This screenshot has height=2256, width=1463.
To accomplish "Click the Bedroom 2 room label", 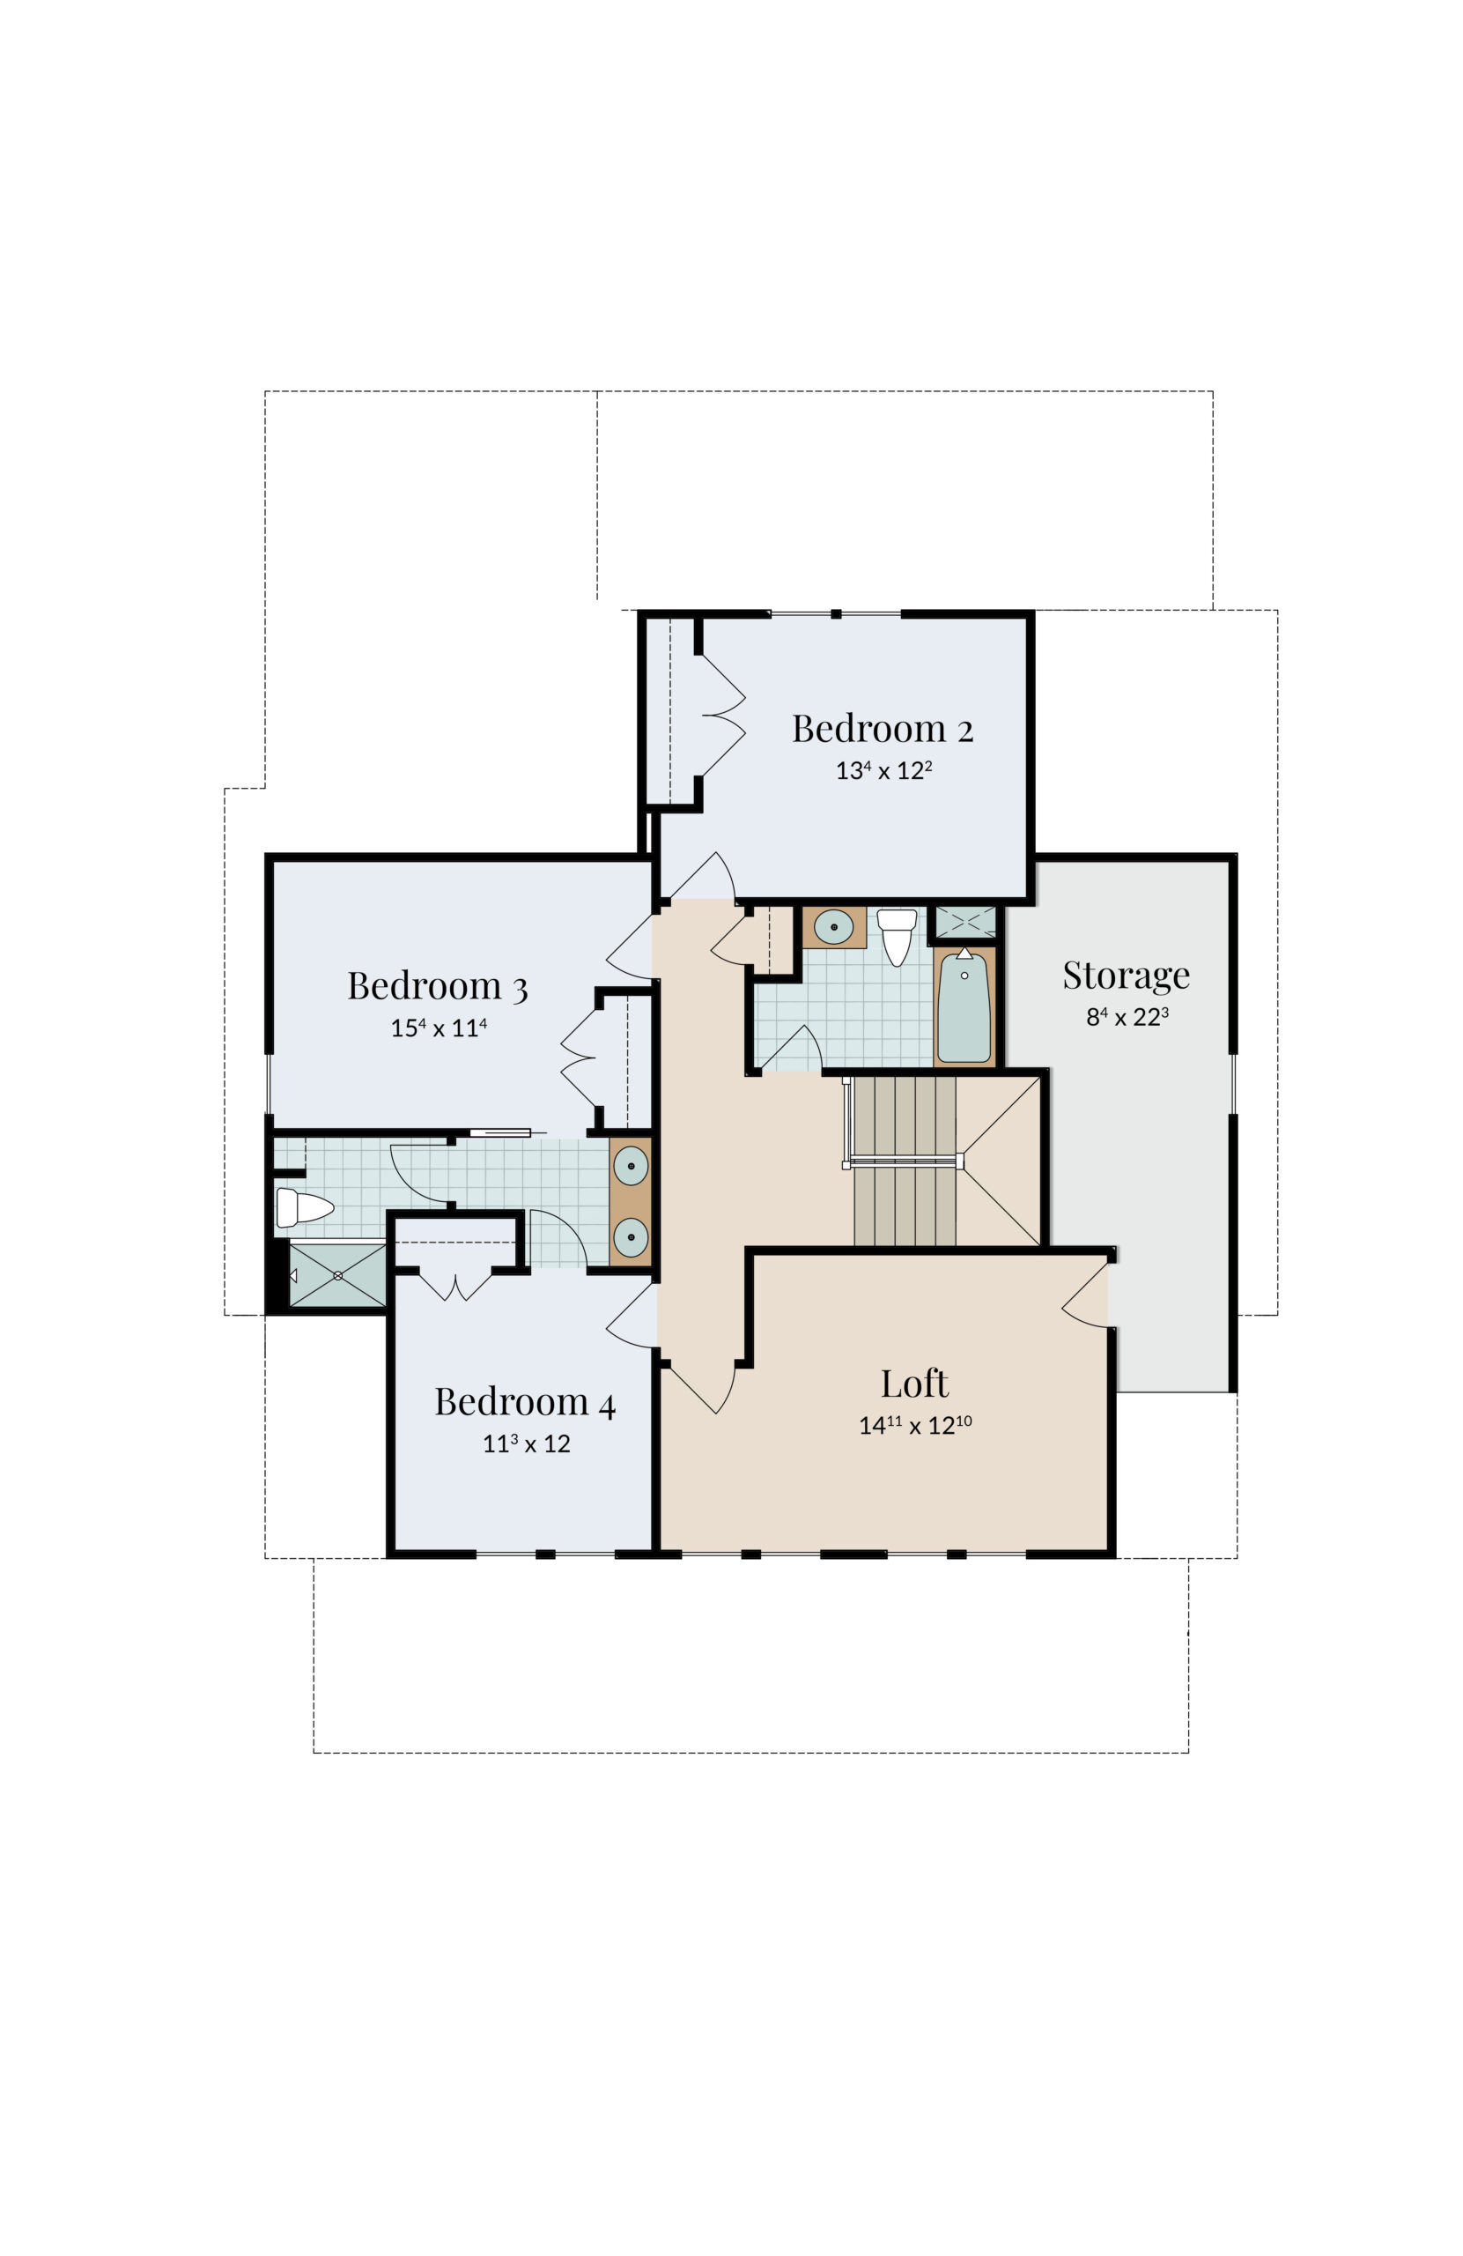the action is (x=868, y=717).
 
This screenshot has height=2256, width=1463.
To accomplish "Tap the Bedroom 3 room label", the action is (x=430, y=969).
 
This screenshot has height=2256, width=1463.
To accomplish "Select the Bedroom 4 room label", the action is (x=517, y=1380).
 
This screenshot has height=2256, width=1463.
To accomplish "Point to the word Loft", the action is (x=900, y=1362).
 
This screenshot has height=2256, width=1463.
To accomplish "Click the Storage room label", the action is (x=1109, y=961).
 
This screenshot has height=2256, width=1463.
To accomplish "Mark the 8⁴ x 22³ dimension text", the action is (x=1110, y=1001).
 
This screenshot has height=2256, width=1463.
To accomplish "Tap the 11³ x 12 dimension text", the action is (x=518, y=1421).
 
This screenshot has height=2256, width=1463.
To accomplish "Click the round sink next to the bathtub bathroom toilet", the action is (x=821, y=912).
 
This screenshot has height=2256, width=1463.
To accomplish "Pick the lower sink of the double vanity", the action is (x=621, y=1218).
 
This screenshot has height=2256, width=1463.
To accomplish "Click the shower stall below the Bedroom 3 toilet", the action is (x=333, y=1256).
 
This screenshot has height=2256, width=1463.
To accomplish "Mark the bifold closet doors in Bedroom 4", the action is (x=449, y=1267).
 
